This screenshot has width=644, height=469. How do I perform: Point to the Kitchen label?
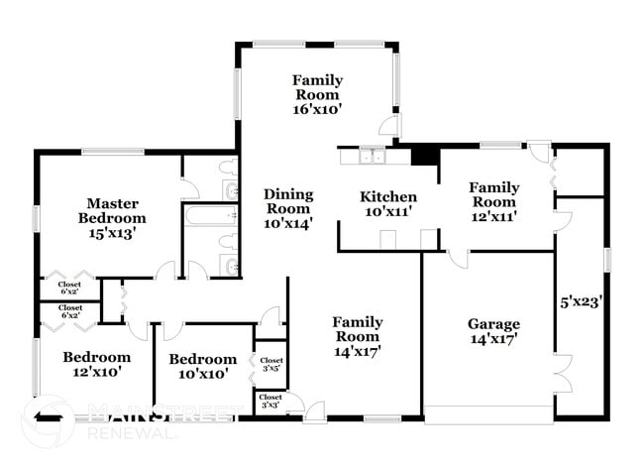[387, 196]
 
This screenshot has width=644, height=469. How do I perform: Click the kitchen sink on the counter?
[373, 156]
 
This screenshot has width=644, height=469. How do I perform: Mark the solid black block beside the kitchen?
[424, 156]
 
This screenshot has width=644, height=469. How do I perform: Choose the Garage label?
[493, 324]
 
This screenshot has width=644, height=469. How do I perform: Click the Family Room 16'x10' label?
[317, 94]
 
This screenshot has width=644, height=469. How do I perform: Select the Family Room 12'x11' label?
[494, 200]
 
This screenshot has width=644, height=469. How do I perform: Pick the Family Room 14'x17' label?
[357, 335]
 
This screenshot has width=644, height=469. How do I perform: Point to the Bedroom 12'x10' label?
[97, 365]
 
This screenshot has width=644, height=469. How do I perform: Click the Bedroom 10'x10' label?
[202, 366]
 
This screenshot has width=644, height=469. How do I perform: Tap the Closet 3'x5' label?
[271, 364]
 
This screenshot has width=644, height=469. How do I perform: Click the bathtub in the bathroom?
[209, 216]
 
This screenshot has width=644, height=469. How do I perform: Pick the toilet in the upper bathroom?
[227, 165]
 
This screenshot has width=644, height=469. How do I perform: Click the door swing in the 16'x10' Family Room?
[392, 127]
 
